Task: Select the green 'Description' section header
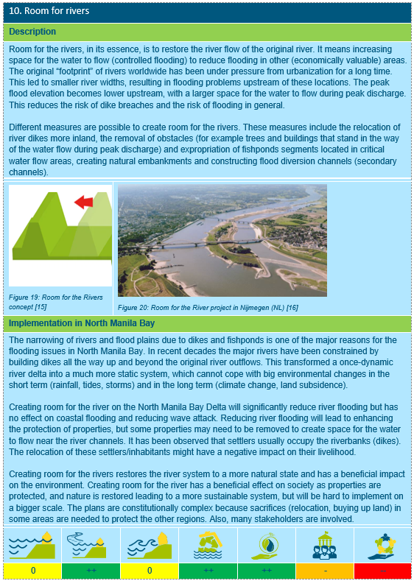tap(32, 32)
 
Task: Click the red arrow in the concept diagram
tap(83, 201)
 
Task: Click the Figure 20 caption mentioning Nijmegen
tap(207, 306)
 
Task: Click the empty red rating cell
tap(382, 571)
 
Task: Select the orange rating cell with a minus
tap(325, 571)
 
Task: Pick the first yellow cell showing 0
tap(32, 571)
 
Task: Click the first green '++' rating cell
tap(91, 571)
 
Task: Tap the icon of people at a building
tap(325, 545)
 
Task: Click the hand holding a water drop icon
tap(266, 545)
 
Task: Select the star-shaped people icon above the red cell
tap(382, 545)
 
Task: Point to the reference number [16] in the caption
tap(292, 306)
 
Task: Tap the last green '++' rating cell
tap(266, 571)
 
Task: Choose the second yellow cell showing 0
tap(150, 571)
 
